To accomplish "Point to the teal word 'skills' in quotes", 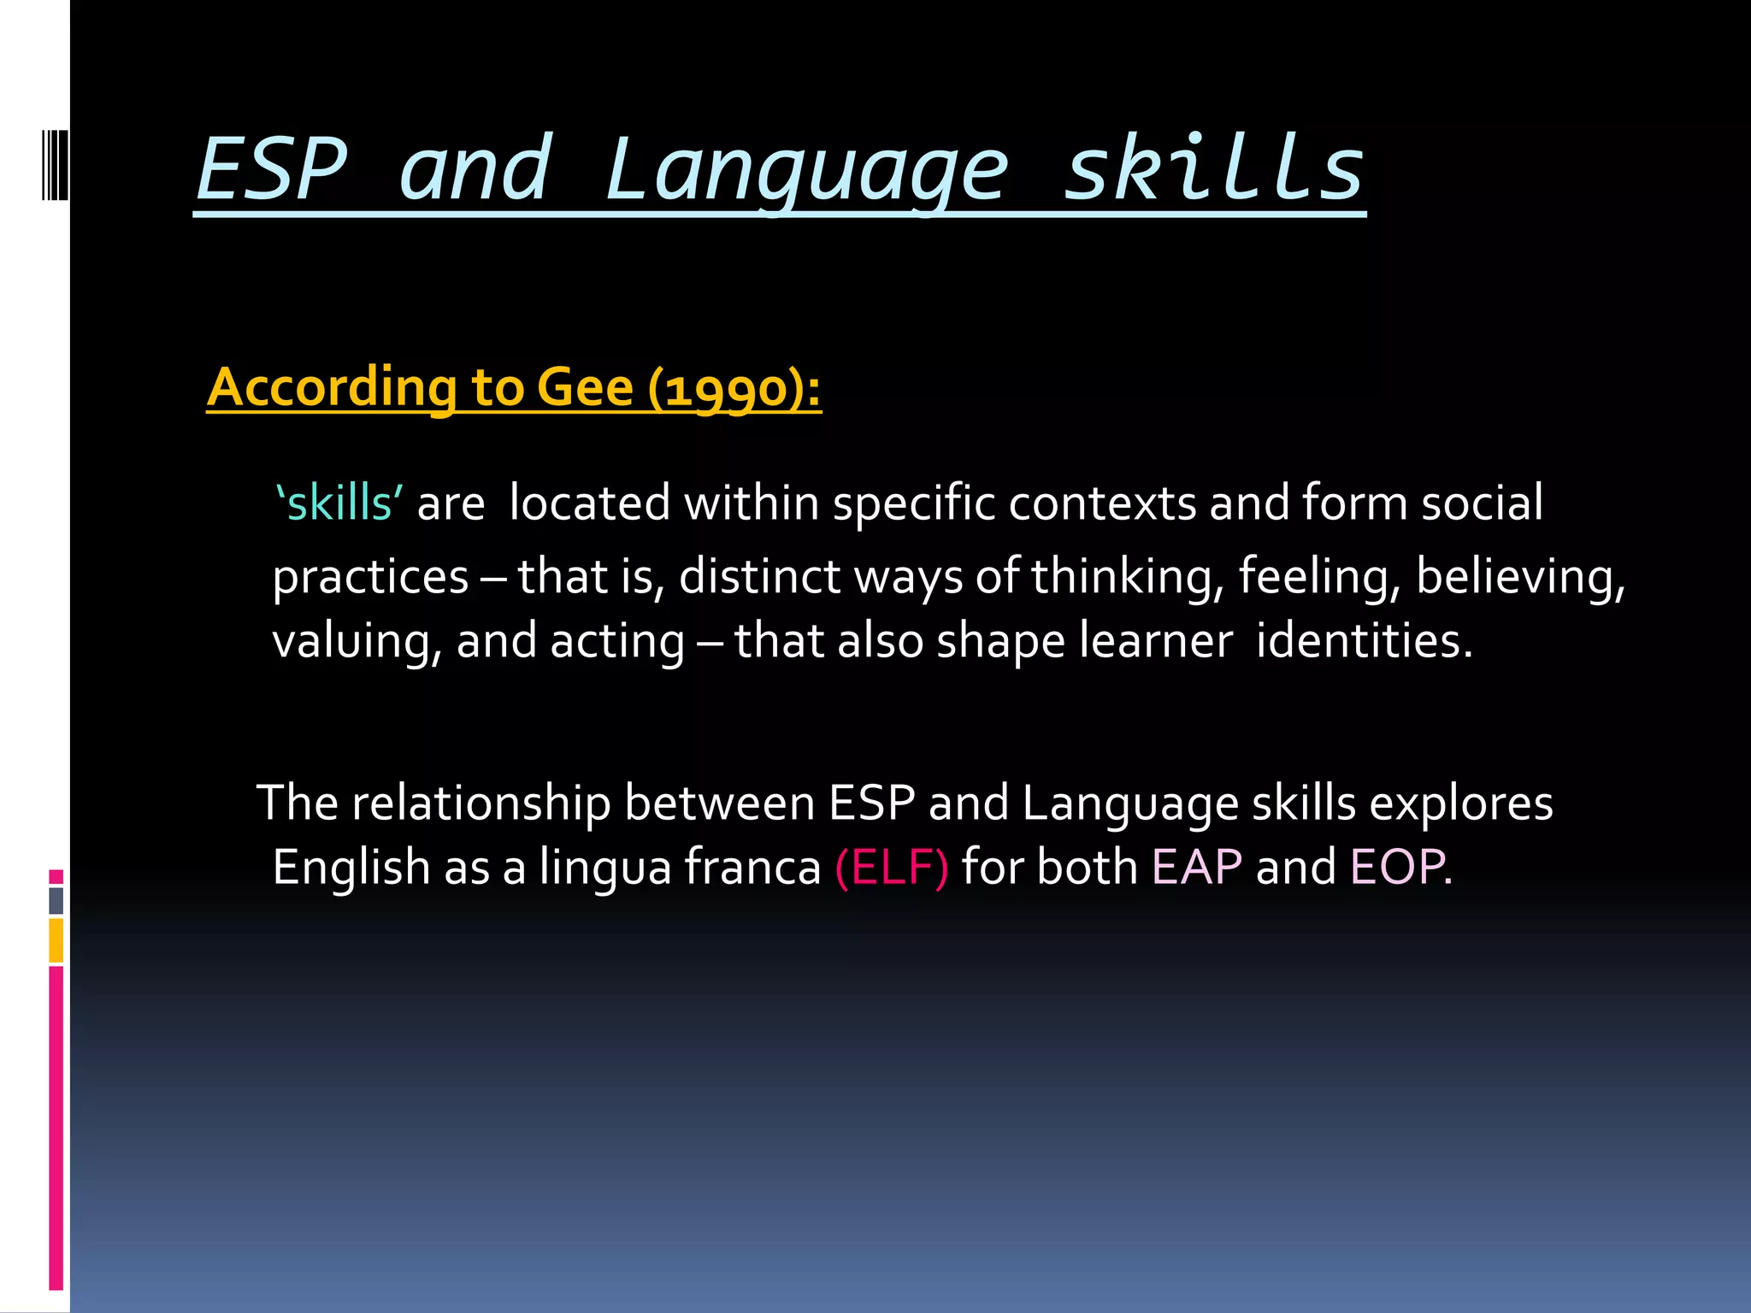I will click(339, 503).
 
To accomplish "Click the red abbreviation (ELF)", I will click(891, 867).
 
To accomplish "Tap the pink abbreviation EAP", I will click(1196, 867).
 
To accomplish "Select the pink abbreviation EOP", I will click(1398, 867).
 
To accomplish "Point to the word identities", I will click(1364, 641).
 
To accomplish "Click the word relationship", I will click(480, 804).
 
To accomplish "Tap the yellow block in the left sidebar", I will click(56, 940).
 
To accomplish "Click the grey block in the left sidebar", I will click(56, 900).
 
